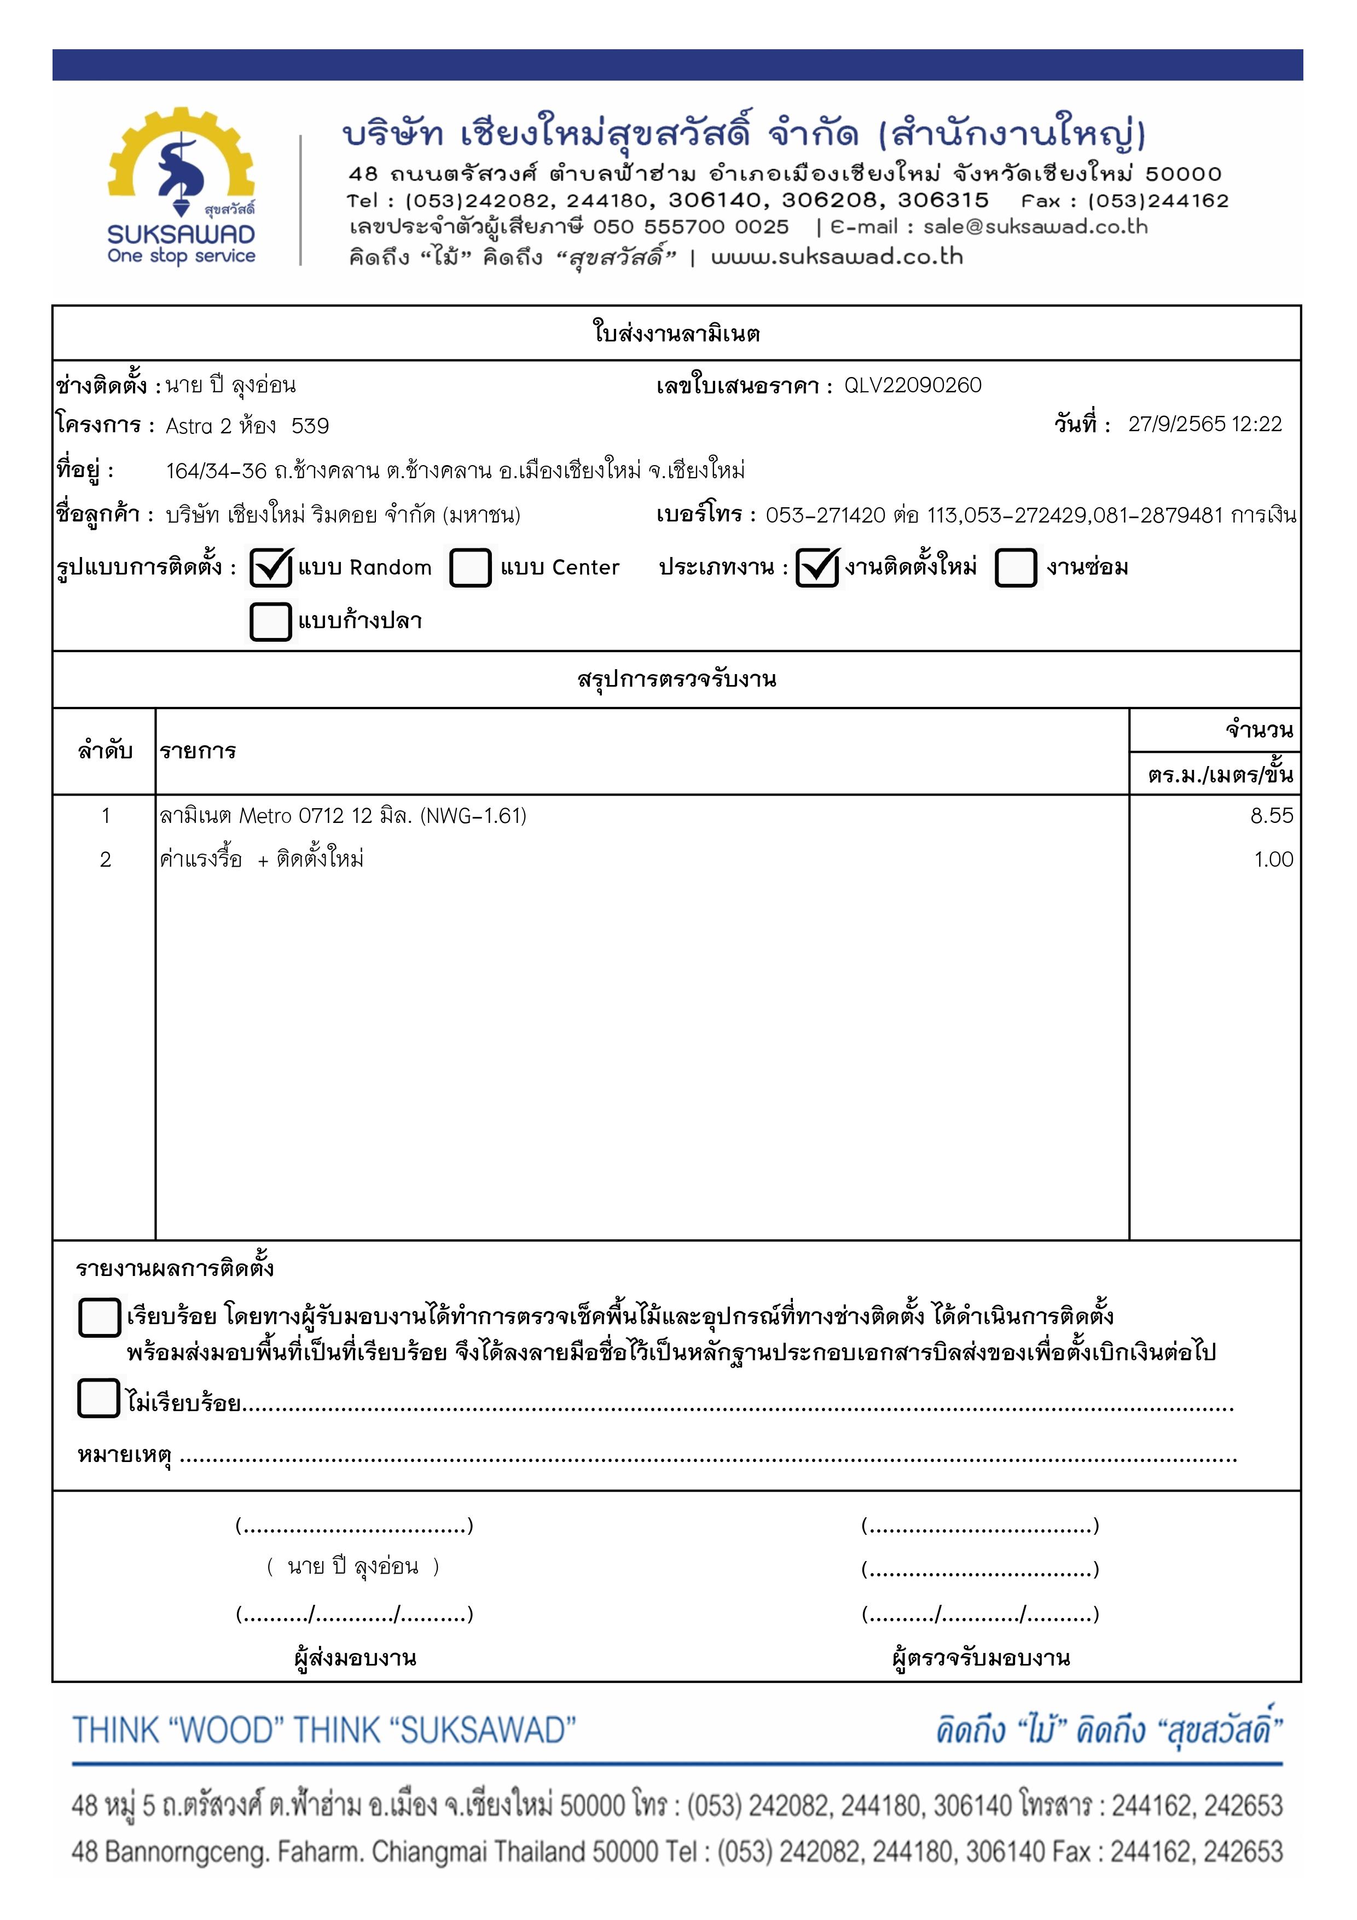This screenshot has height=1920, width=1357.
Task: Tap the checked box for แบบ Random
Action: click(x=270, y=568)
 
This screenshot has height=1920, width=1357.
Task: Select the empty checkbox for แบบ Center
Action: click(x=470, y=568)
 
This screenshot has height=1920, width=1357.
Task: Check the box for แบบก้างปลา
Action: click(x=270, y=622)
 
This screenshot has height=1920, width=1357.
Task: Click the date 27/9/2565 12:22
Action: click(x=1204, y=424)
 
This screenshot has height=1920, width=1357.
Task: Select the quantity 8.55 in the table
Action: click(x=1271, y=815)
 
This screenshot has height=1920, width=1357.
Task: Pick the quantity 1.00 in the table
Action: click(x=1273, y=860)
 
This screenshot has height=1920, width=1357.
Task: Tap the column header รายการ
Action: click(x=198, y=751)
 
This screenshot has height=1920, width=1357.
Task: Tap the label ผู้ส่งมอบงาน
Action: click(x=355, y=1657)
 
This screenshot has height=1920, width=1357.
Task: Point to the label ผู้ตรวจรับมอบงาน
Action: click(x=980, y=1657)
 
